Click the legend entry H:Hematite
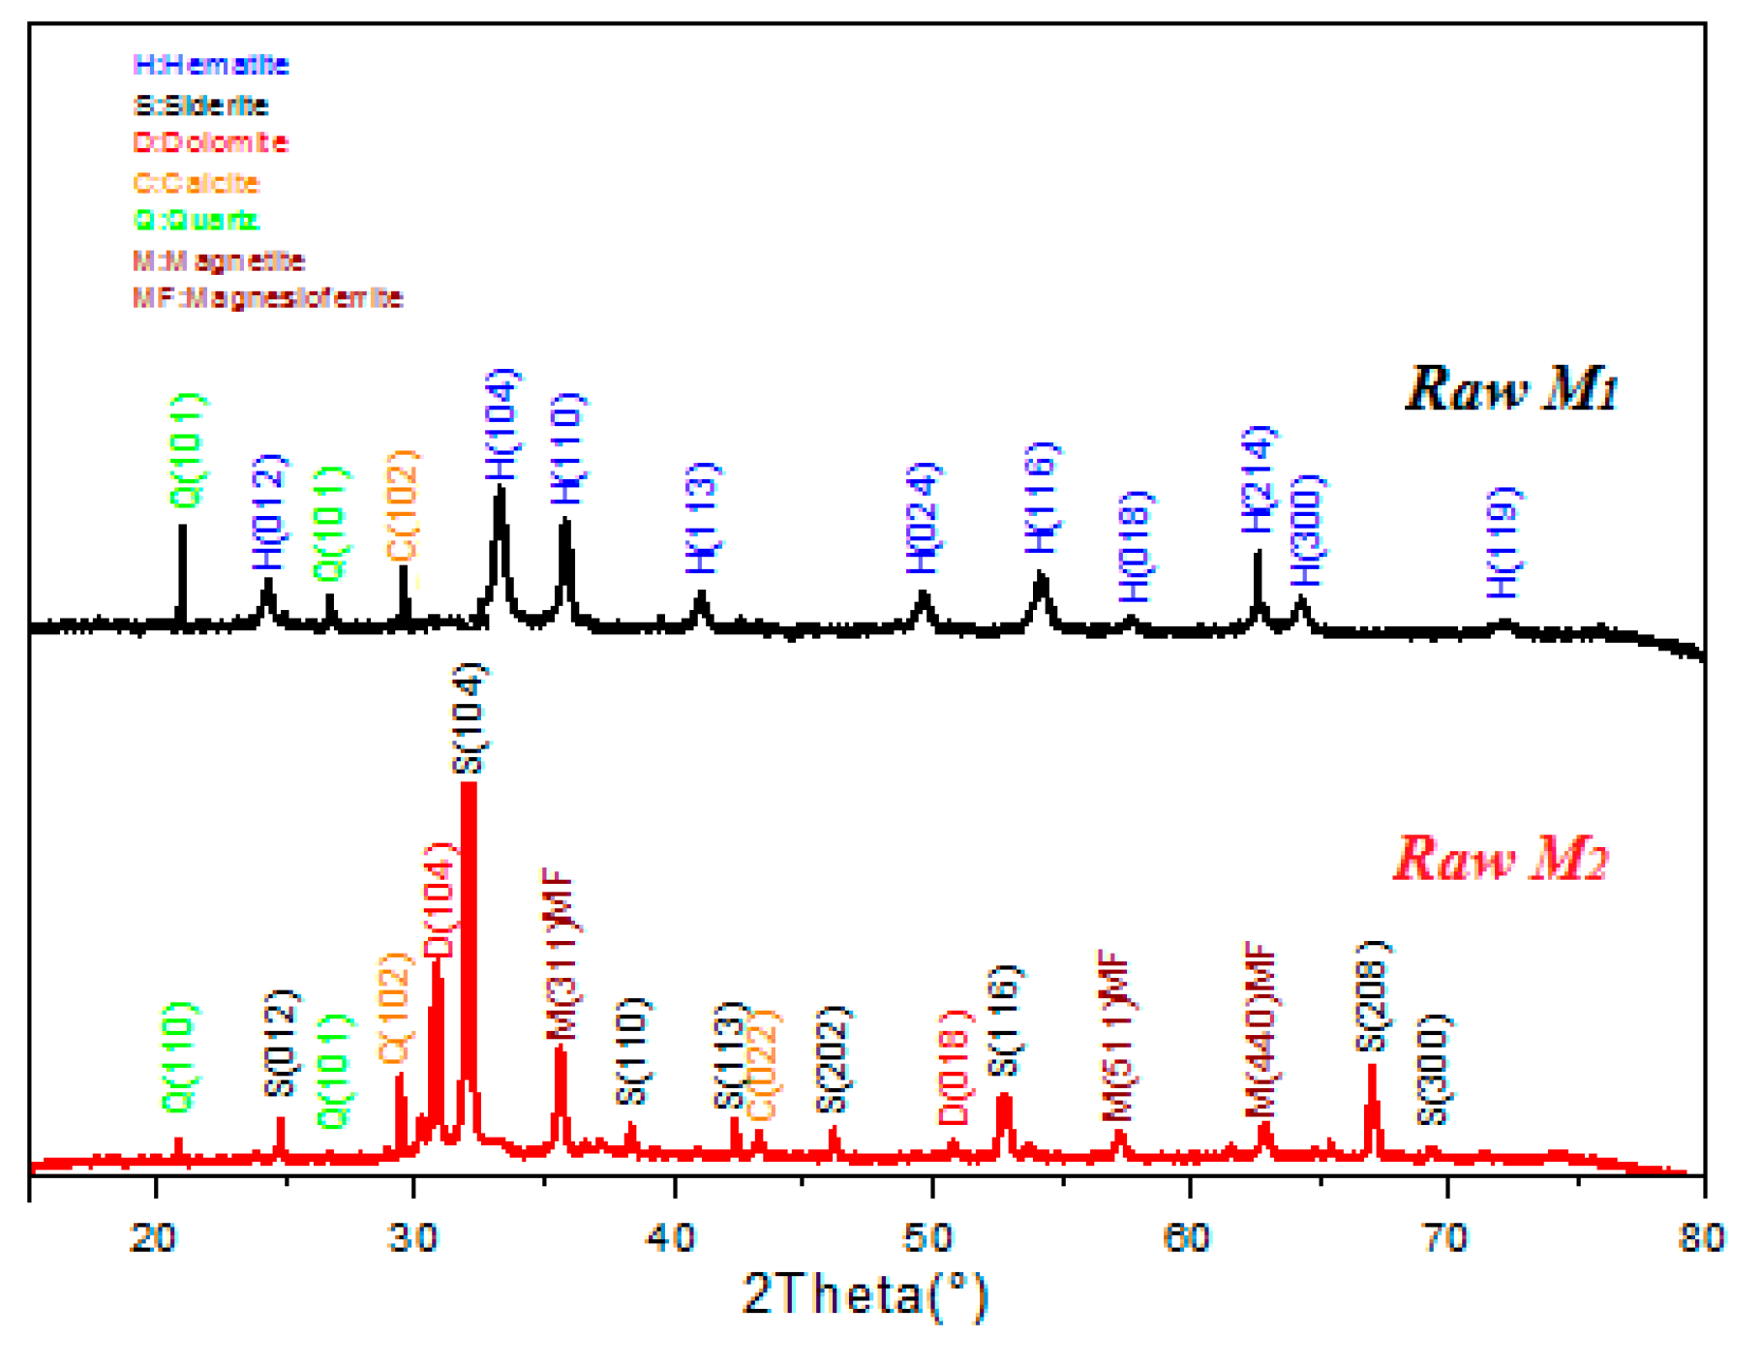pos(210,65)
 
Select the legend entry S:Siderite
pos(200,105)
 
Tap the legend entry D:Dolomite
pos(210,143)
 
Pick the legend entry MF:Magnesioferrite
pos(267,297)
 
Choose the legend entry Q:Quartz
pos(197,221)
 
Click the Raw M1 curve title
pos(1509,389)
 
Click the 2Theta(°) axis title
pos(866,1294)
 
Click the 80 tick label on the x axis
pos(1701,1236)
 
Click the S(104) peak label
pos(471,718)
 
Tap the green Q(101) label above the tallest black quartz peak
pos(188,450)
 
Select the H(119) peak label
pos(1504,542)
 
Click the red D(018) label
pos(954,1066)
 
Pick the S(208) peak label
pos(1372,996)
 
